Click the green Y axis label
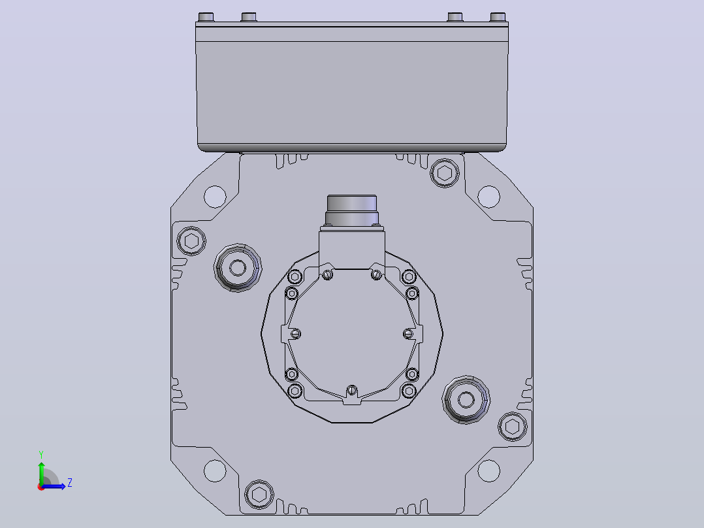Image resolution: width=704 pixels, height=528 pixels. (41, 455)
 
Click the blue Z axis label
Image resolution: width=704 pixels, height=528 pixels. (70, 483)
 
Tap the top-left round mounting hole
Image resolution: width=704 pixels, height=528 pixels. (215, 197)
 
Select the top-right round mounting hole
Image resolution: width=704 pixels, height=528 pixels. (488, 197)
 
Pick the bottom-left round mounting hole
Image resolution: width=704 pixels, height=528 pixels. (215, 470)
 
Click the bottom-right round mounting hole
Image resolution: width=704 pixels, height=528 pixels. (488, 470)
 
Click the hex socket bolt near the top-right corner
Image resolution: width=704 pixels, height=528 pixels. (445, 173)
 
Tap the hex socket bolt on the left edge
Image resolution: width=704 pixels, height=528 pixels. (191, 241)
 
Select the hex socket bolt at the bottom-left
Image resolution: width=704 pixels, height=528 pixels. (259, 494)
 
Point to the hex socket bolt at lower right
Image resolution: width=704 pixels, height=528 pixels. (512, 427)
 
